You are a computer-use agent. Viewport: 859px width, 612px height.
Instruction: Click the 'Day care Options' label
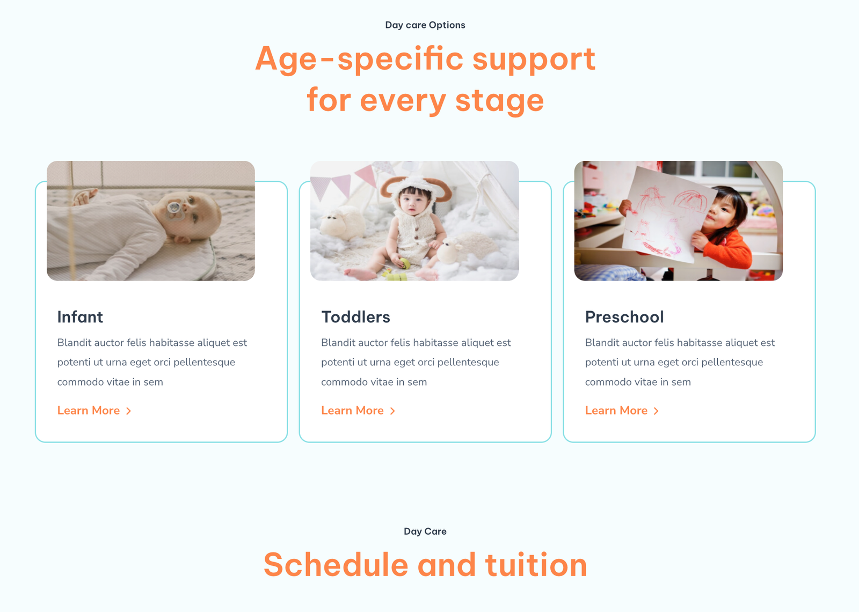pos(425,25)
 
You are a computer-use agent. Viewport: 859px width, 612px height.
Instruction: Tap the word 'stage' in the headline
pos(499,100)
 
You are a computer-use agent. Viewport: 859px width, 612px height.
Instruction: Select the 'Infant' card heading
pos(80,317)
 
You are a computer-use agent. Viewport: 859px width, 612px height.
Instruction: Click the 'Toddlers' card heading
pos(355,317)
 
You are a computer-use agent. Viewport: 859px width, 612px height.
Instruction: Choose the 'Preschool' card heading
pos(624,317)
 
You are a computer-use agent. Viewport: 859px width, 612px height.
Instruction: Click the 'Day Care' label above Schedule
pos(425,532)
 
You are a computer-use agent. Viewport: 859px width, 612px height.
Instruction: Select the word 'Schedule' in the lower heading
pos(336,565)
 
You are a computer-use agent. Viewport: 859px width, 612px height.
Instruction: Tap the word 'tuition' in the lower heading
pos(536,565)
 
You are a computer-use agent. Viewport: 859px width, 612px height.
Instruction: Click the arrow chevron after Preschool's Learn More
pos(656,411)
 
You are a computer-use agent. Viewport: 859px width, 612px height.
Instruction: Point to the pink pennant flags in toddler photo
pos(345,180)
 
